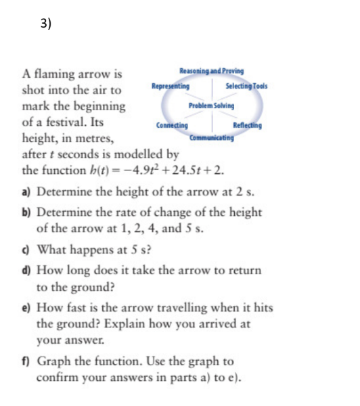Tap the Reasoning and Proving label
point(212,71)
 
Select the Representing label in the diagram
point(171,87)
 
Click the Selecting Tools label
point(246,87)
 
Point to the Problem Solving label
point(212,106)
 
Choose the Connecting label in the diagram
point(172,125)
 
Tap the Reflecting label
point(246,125)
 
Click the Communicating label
point(212,138)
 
